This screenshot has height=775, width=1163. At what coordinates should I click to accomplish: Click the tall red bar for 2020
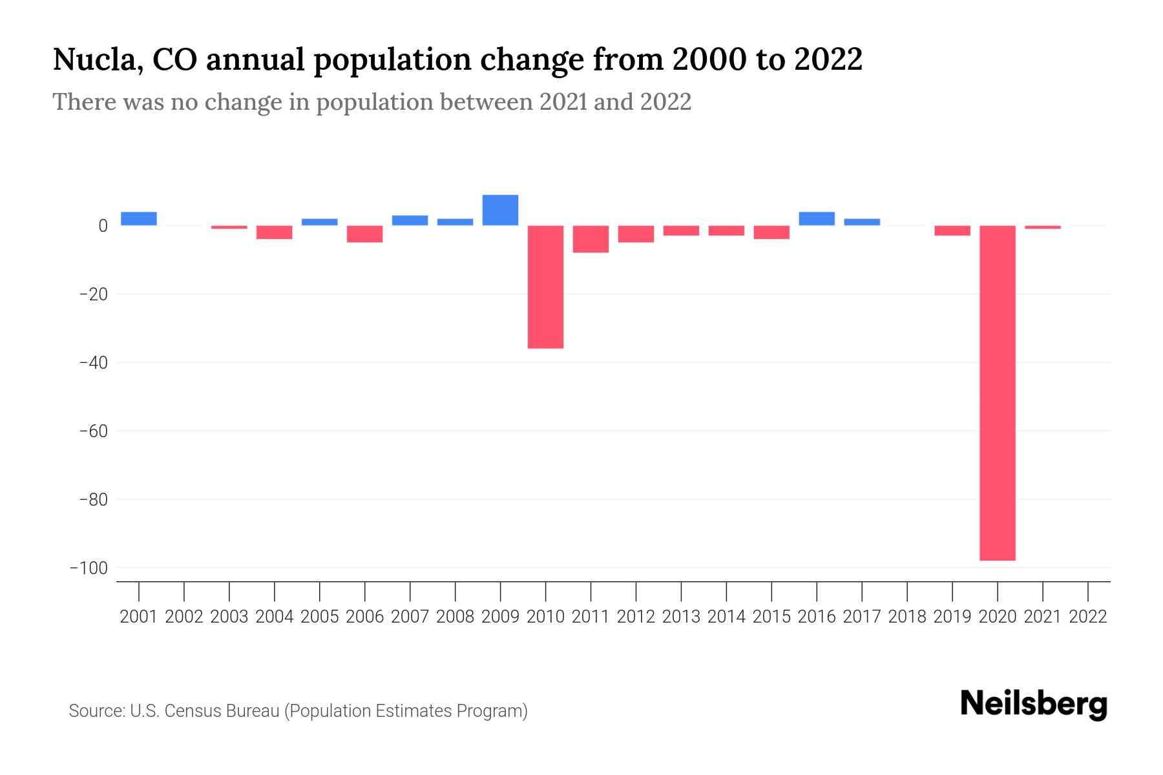(997, 393)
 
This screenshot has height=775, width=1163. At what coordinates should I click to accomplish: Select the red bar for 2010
(545, 287)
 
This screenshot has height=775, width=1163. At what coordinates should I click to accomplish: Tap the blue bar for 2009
(500, 210)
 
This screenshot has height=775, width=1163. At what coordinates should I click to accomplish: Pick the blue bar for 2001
(139, 218)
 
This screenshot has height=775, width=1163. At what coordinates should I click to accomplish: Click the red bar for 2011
(591, 239)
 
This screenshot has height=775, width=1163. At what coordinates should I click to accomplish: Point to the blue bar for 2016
(817, 218)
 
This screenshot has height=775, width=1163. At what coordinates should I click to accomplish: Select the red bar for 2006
(365, 234)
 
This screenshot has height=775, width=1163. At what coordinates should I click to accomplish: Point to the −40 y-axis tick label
(93, 362)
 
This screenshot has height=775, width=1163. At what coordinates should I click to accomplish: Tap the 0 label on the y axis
(103, 226)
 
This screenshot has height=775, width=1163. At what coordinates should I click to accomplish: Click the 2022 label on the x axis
(1088, 617)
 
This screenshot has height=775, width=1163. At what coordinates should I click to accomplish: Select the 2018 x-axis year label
(907, 617)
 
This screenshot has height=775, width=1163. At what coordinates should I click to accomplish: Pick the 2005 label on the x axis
(320, 617)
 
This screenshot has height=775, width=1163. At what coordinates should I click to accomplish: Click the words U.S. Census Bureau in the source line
(205, 711)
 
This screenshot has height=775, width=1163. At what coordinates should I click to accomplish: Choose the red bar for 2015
(771, 232)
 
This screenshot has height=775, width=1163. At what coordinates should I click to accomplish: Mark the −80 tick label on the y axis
(93, 499)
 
